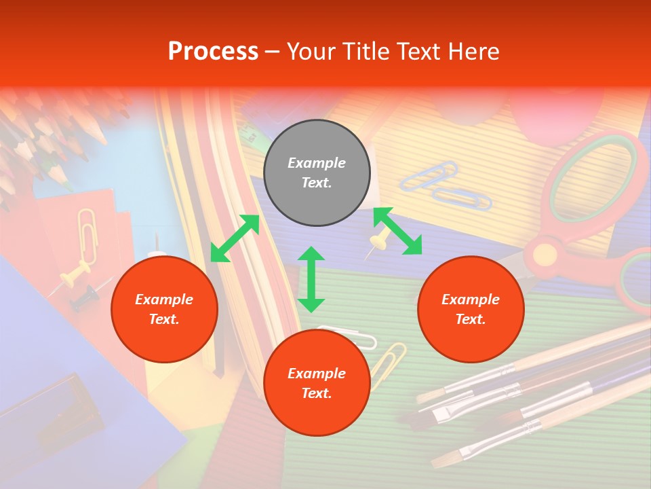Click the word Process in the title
pyautogui.click(x=213, y=51)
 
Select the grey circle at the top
pyautogui.click(x=317, y=173)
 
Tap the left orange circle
pyautogui.click(x=164, y=309)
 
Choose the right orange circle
pyautogui.click(x=471, y=309)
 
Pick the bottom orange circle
pyautogui.click(x=317, y=383)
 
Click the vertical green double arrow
pyautogui.click(x=311, y=279)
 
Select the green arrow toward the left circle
pyautogui.click(x=235, y=238)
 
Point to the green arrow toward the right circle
pyautogui.click(x=397, y=231)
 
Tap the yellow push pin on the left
pyautogui.click(x=73, y=278)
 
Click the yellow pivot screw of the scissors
pyautogui.click(x=544, y=255)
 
